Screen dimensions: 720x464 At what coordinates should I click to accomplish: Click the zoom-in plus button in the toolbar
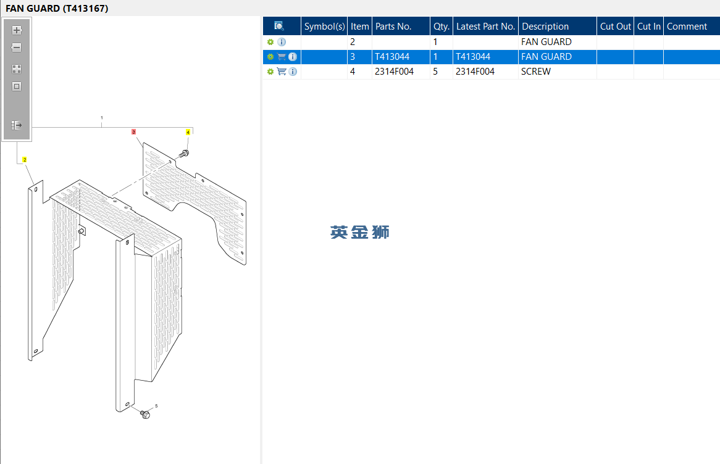17,30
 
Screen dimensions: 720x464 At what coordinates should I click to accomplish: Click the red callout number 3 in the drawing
133,131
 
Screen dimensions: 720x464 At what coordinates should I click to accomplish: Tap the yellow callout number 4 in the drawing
188,132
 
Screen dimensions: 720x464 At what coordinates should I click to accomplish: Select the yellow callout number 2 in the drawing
24,160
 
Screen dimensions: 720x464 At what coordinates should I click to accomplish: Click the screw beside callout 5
144,414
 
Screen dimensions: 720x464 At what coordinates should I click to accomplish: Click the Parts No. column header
393,27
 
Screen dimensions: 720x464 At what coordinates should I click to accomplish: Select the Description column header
545,27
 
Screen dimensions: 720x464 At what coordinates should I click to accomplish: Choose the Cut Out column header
615,27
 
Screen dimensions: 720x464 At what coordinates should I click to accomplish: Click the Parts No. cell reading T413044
391,57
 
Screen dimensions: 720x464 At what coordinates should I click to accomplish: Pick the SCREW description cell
535,72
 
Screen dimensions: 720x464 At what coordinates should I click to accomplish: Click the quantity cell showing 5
435,72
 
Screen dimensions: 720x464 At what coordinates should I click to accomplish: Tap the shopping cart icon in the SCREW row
282,72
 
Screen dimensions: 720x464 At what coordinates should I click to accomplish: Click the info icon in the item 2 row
282,42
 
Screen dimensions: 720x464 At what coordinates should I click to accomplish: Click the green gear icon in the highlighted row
270,57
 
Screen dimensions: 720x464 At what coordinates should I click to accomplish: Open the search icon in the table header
278,26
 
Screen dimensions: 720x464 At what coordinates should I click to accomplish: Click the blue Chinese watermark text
359,232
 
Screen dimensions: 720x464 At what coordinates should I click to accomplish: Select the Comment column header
687,27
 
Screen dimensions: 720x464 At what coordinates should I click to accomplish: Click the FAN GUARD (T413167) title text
57,8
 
